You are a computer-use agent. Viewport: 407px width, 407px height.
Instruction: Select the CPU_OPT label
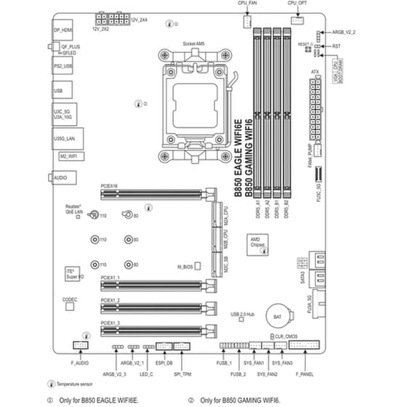coord(297,4)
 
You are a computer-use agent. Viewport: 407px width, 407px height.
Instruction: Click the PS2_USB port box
coord(63,66)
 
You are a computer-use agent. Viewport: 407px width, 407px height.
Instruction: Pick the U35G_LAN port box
coord(65,137)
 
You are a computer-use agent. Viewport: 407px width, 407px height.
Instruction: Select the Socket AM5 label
coord(193,44)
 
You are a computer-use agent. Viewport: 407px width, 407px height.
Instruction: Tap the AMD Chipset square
coord(256,243)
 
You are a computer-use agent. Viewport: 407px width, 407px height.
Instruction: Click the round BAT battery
coord(277,318)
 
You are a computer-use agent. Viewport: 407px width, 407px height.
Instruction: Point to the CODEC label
coord(70,299)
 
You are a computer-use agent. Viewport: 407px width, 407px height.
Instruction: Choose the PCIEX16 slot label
coord(109,187)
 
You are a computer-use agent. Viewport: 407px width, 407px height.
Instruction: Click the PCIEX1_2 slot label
coord(110,299)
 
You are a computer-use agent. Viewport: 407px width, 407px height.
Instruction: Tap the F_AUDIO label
coord(80,362)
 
